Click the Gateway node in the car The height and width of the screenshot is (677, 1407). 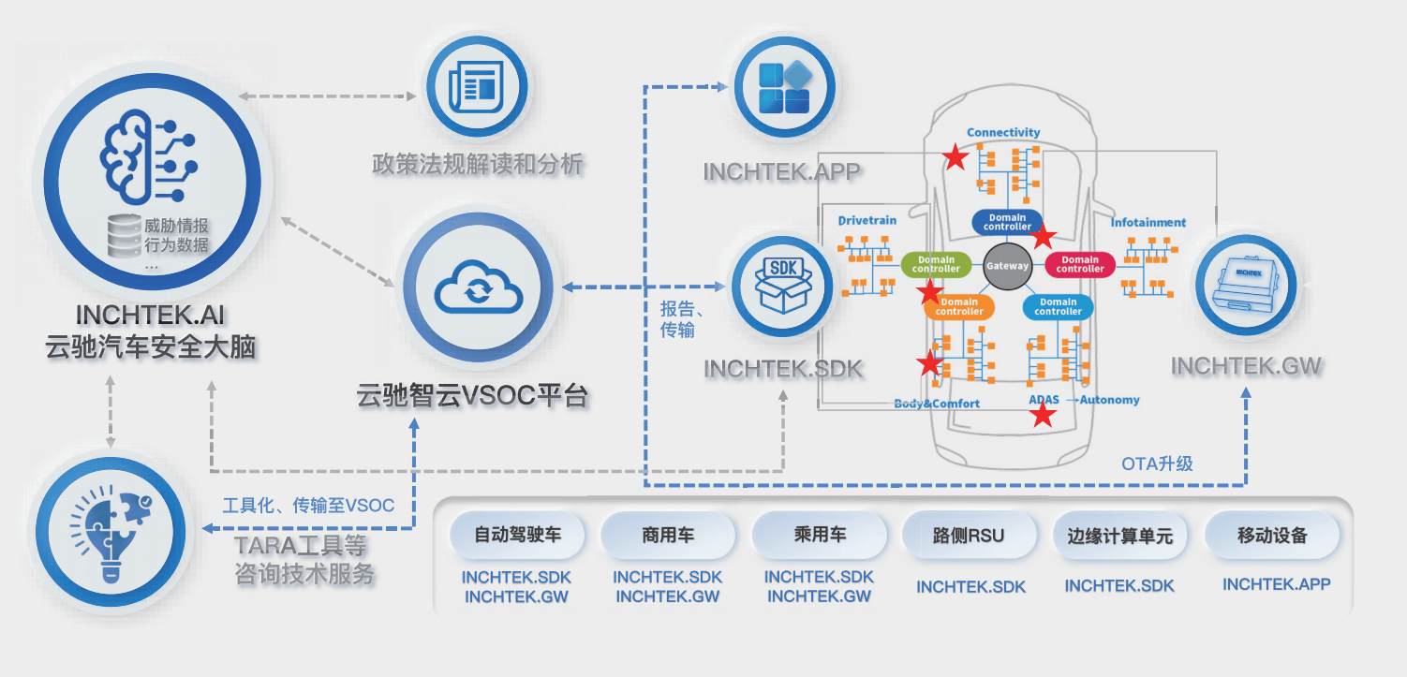tap(1007, 265)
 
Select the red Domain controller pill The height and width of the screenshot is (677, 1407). tap(1079, 264)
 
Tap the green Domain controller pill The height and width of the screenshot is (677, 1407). tap(936, 264)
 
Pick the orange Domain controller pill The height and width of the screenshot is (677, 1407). tap(958, 306)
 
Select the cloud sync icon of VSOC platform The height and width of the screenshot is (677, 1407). tap(478, 287)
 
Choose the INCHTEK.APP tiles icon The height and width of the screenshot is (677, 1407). tap(784, 88)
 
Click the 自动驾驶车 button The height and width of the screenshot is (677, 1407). tap(517, 536)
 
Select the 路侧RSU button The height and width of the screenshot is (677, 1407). tap(970, 536)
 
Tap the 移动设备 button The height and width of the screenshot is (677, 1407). tap(1272, 536)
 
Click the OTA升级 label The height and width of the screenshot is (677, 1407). tap(1157, 464)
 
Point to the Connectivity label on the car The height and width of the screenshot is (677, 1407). tap(1003, 133)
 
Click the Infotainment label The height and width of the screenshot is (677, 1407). tap(1148, 223)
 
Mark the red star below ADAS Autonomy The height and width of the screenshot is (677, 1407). tap(1043, 416)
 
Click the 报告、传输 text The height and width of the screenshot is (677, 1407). tap(682, 319)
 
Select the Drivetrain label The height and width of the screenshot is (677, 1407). tap(866, 221)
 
